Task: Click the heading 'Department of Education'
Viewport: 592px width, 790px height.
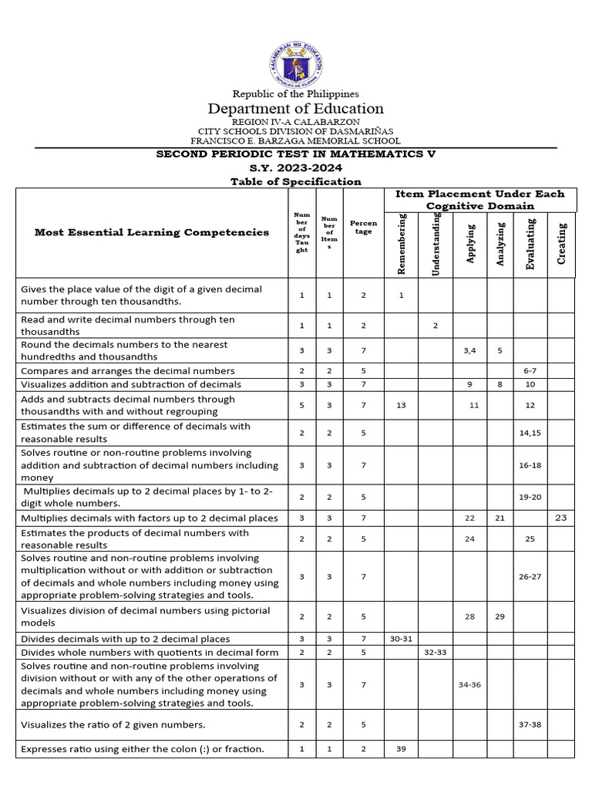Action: pos(296,109)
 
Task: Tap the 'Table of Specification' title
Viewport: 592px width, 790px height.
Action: pos(296,181)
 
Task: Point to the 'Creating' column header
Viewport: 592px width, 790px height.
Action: pos(561,243)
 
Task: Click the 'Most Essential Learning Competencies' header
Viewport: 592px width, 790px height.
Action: pos(152,232)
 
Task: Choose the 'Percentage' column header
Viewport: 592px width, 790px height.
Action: pos(363,228)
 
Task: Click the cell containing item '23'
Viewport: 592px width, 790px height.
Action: pos(560,518)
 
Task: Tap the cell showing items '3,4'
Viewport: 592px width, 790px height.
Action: pos(469,350)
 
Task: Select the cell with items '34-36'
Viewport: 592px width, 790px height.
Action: pos(469,684)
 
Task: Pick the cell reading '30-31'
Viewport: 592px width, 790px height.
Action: pos(401,639)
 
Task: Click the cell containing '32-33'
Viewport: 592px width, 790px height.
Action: pos(435,653)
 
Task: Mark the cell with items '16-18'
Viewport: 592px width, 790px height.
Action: pos(530,465)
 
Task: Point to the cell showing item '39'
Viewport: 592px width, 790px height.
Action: pos(401,749)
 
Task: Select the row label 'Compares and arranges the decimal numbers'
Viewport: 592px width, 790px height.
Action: pos(128,371)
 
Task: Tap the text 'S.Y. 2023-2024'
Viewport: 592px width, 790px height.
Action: pos(296,167)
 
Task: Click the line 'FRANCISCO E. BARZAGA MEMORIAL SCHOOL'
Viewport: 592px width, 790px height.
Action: pos(296,141)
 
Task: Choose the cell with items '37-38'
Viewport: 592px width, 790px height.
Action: pos(530,724)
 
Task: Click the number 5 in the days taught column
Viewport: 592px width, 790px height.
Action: pos(302,406)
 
